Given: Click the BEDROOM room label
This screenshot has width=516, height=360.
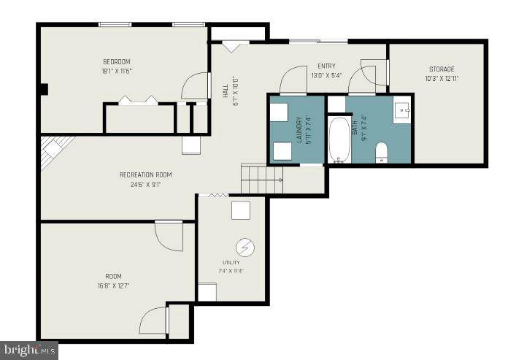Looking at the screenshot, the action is [x=117, y=61].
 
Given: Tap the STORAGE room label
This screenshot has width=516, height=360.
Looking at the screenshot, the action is [x=442, y=69].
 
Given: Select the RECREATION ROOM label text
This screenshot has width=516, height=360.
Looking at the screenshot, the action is [x=145, y=175].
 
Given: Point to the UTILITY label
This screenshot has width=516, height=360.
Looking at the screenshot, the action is [x=231, y=262].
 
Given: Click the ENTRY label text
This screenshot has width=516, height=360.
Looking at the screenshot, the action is [x=326, y=66].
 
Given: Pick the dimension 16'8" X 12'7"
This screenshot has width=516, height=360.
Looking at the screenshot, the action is [x=113, y=286].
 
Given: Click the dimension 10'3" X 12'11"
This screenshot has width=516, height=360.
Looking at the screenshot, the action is [x=442, y=79].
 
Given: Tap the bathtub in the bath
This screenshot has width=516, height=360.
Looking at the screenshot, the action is [x=339, y=139].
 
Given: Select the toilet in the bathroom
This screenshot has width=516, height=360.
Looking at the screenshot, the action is [x=382, y=153].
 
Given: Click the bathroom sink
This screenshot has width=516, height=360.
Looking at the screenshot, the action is [x=403, y=111].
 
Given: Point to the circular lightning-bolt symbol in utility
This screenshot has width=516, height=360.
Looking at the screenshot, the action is [x=245, y=247].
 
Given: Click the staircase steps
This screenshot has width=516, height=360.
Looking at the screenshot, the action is [x=262, y=180].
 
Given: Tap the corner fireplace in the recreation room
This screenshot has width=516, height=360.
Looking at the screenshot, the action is [x=54, y=151].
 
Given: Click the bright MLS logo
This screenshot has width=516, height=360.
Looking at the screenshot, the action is [x=29, y=351].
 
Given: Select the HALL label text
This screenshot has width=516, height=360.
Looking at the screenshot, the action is [x=226, y=91].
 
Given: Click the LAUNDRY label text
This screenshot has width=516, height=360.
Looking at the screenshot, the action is [x=299, y=129].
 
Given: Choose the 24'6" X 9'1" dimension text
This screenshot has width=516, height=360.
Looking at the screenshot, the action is [x=145, y=185].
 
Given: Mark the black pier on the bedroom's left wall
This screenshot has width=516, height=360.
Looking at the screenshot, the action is [x=44, y=89].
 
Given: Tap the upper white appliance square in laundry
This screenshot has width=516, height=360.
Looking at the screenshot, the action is [x=280, y=112].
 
